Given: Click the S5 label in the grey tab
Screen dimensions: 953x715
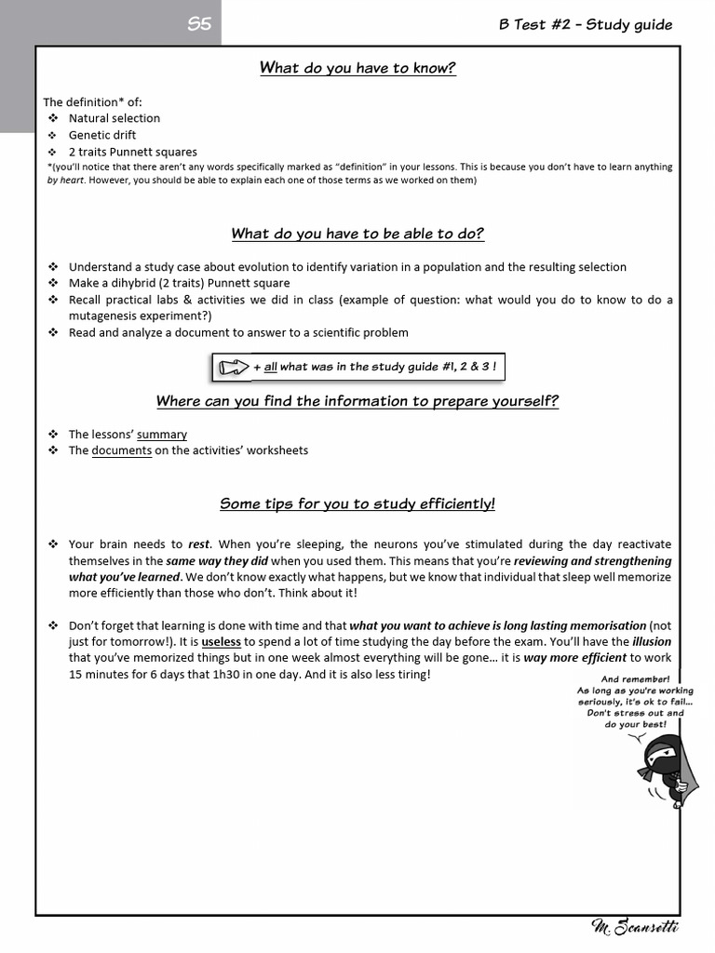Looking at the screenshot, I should click(x=199, y=25).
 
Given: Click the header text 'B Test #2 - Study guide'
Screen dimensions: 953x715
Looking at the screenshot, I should click(x=586, y=25).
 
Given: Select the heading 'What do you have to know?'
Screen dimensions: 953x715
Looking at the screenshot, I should click(x=357, y=68).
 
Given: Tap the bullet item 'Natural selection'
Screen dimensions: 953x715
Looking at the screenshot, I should click(x=114, y=118).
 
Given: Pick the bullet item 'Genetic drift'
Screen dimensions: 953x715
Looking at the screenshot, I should click(x=101, y=135).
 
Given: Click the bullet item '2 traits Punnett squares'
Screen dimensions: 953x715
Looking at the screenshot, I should click(x=132, y=152).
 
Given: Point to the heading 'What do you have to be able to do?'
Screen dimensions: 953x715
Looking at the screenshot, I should click(x=357, y=234).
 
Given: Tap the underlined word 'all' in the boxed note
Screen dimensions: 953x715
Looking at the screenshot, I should click(x=271, y=367).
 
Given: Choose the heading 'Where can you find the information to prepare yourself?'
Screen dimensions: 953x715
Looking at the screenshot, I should click(x=357, y=401).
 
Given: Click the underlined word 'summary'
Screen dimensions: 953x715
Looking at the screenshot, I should click(x=162, y=434).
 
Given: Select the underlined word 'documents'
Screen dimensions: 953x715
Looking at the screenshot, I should click(x=121, y=450).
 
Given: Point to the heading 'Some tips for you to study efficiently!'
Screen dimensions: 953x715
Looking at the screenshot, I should click(x=357, y=503).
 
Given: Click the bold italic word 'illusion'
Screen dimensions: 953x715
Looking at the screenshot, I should click(x=652, y=642).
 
